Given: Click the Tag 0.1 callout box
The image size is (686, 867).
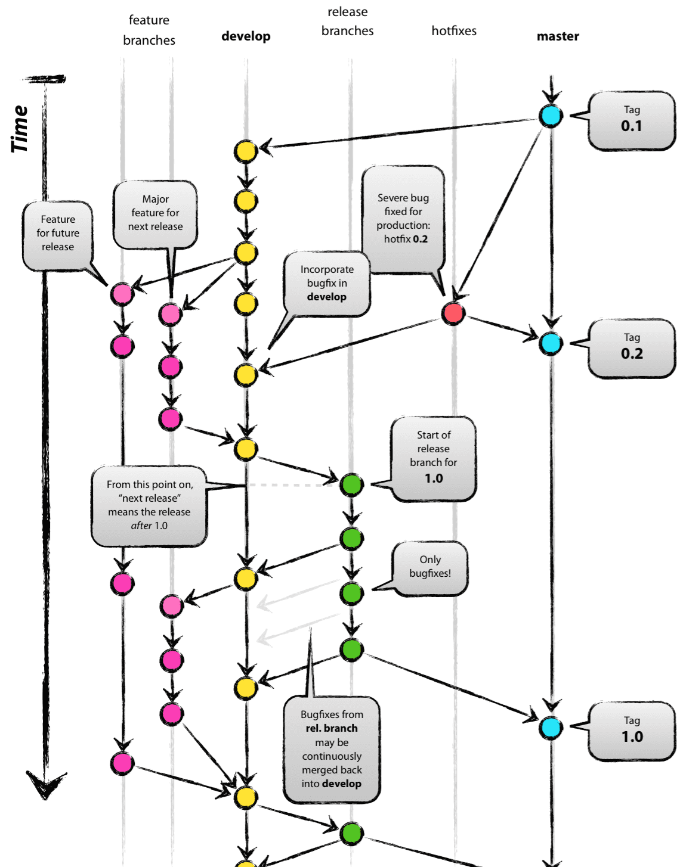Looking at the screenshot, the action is [632, 121].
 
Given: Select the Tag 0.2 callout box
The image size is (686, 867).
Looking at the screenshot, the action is [632, 349].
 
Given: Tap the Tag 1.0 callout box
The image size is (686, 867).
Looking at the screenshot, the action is [632, 731].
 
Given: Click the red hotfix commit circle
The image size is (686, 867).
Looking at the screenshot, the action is [453, 313].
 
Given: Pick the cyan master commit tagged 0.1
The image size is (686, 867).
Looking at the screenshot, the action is [551, 116].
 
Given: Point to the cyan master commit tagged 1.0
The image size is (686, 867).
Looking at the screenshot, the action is [551, 728].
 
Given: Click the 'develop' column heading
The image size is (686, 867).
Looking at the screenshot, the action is [246, 36].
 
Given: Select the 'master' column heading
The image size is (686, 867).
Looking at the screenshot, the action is [558, 36].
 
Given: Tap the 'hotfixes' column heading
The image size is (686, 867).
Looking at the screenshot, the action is [454, 30].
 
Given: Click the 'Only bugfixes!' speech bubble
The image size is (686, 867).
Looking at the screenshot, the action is [430, 568].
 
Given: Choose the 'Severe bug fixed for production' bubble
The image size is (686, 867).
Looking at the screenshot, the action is [403, 219].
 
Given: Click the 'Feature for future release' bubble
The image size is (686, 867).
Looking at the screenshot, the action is [58, 236].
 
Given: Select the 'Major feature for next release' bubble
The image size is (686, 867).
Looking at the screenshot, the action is [155, 215].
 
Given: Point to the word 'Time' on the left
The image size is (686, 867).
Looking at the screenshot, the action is [19, 129].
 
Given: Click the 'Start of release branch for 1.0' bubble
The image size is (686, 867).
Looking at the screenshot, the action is [434, 459].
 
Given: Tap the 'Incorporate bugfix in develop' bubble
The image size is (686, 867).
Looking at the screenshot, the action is [327, 284].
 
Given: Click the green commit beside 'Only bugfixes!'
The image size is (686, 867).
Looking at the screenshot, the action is [352, 593].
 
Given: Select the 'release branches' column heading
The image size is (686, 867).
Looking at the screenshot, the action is [348, 21].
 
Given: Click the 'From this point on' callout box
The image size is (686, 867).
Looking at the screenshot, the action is [149, 506].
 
